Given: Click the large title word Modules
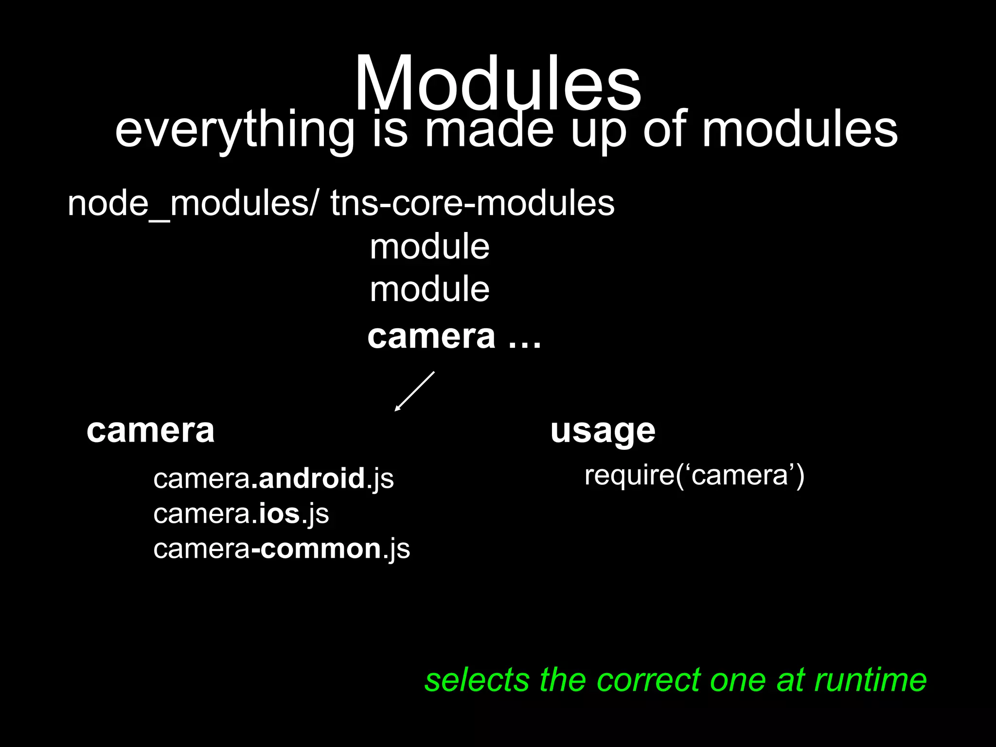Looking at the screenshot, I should [x=498, y=84].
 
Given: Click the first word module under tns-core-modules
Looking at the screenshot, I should [x=429, y=247].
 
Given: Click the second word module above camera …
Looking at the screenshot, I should [x=429, y=289].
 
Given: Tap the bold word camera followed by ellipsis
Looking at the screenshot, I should [x=431, y=337].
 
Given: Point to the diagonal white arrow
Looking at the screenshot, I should [x=414, y=391].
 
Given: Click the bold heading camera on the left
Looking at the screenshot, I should [x=150, y=430].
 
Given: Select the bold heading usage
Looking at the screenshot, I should [x=603, y=430].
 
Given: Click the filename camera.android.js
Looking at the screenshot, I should [x=273, y=479].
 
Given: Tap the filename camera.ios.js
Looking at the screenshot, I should [x=241, y=514].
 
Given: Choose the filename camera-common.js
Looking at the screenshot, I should [x=282, y=549].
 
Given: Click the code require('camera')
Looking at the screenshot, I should [x=694, y=475].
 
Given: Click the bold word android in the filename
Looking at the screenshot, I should [x=312, y=479].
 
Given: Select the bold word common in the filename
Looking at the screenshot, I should [x=321, y=549].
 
